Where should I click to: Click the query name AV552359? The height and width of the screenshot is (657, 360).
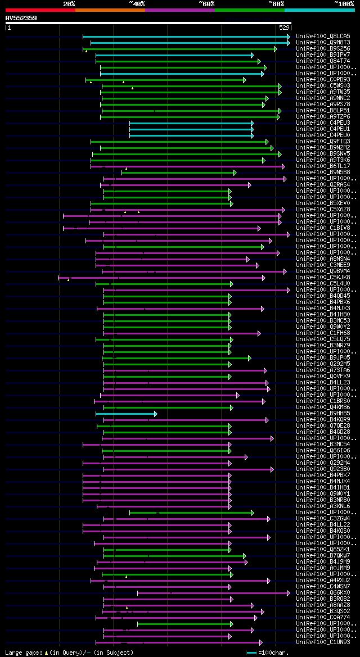pos(21,18)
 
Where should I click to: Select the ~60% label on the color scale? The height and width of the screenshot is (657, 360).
pos(207,3)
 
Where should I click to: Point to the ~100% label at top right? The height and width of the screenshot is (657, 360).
pos(344,3)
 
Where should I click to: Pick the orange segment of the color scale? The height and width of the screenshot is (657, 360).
pos(110,10)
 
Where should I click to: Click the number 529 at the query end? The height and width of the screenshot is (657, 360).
pos(284,27)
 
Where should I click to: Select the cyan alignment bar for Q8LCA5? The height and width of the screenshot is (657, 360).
pos(186,37)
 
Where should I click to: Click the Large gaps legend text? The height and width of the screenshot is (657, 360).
pos(69,653)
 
